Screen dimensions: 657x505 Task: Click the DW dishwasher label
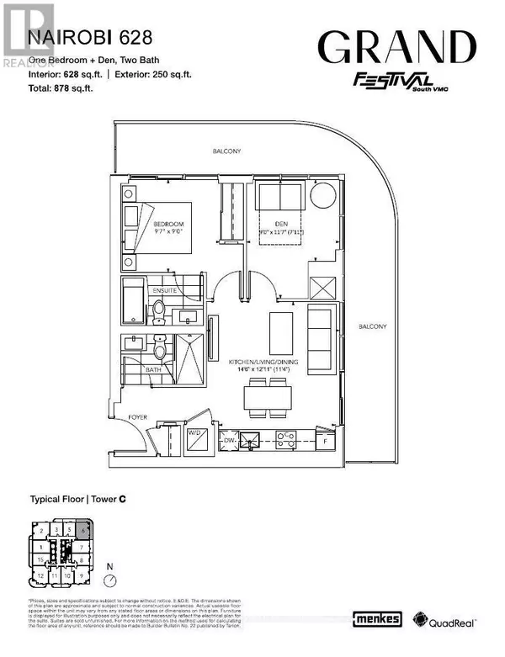[x=228, y=438]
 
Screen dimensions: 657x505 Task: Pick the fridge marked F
[x=324, y=439]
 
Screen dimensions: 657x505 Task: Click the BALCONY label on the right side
[x=370, y=326]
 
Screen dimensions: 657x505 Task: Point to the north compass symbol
[x=108, y=579]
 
